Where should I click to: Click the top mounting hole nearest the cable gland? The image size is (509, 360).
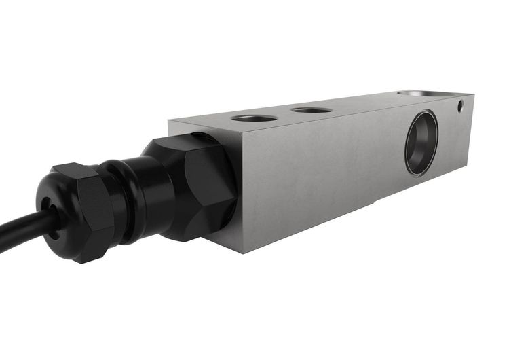point(254,118)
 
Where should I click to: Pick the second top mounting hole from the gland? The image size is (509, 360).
point(311,109)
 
